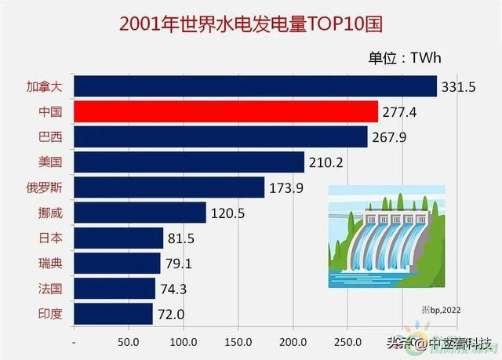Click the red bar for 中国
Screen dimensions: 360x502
click(x=226, y=111)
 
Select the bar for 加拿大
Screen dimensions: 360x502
click(x=255, y=86)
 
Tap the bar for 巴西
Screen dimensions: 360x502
click(x=220, y=137)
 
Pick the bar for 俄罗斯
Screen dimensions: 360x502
click(x=169, y=187)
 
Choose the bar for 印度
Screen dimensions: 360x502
click(x=113, y=314)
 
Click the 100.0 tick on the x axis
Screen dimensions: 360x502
click(x=183, y=343)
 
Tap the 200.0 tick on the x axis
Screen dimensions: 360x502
click(x=293, y=343)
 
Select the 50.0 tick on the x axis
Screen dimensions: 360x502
click(x=129, y=343)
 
